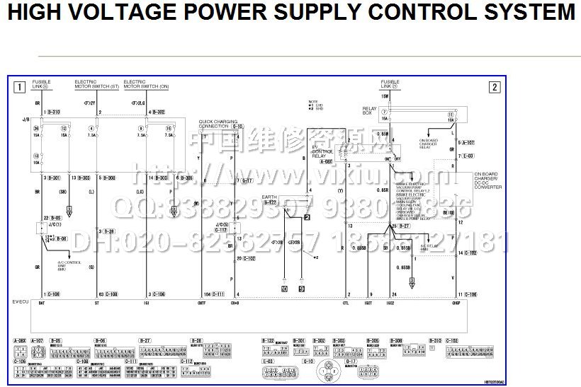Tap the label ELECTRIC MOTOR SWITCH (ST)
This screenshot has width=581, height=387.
click(96, 84)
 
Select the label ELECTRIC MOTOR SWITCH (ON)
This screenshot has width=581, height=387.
click(146, 84)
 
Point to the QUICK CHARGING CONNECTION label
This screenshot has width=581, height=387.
click(213, 123)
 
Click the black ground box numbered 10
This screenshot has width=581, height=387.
click(284, 289)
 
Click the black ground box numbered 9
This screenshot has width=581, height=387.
click(301, 289)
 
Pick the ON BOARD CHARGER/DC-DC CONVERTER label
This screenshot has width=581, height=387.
click(487, 180)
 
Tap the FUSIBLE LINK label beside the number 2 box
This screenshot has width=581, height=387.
click(390, 84)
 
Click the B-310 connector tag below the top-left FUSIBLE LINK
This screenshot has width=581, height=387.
click(52, 112)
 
